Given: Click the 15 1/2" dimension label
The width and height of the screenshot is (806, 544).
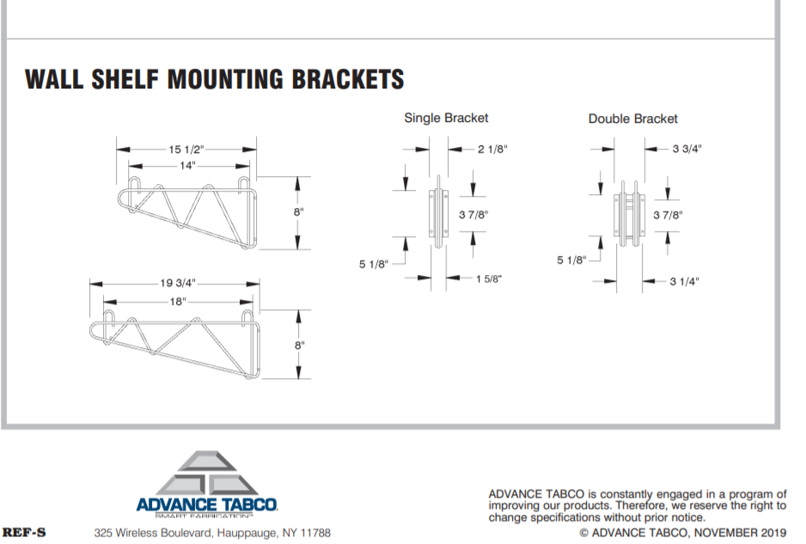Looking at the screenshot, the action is pyautogui.click(x=186, y=150).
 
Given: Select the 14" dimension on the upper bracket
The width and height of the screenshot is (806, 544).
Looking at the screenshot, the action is pyautogui.click(x=187, y=165).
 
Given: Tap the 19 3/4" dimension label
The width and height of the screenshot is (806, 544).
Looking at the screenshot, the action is pyautogui.click(x=178, y=283).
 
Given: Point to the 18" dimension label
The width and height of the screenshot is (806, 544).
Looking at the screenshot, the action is pyautogui.click(x=178, y=301).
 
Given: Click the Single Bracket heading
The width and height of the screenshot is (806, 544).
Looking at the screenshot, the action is pyautogui.click(x=446, y=118).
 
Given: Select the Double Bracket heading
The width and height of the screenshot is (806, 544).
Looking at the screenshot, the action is pyautogui.click(x=632, y=119).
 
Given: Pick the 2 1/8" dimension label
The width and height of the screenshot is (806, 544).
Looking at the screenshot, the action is pyautogui.click(x=492, y=150).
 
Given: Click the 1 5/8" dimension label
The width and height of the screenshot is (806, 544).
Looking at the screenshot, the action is pyautogui.click(x=488, y=278).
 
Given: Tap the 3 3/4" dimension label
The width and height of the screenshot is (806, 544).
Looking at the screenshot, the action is pyautogui.click(x=687, y=149).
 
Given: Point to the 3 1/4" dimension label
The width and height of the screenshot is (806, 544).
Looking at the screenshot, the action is pyautogui.click(x=684, y=281).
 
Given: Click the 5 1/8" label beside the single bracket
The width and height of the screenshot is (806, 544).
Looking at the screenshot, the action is pyautogui.click(x=374, y=265).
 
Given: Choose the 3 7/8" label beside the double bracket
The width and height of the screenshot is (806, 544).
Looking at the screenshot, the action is pyautogui.click(x=668, y=215).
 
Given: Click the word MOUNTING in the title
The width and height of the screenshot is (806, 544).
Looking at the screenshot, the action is pyautogui.click(x=225, y=79).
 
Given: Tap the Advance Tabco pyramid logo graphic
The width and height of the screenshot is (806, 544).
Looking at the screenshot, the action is pyautogui.click(x=206, y=474).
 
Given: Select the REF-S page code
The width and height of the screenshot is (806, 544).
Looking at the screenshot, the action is pyautogui.click(x=24, y=532).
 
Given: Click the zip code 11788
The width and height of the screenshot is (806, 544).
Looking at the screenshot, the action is pyautogui.click(x=315, y=533).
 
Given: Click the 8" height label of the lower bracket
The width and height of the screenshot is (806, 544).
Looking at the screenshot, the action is pyautogui.click(x=300, y=345).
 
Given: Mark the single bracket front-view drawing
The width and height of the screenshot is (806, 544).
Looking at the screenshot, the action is pyautogui.click(x=438, y=212).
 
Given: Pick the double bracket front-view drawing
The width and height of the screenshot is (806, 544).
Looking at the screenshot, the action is pyautogui.click(x=629, y=213).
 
